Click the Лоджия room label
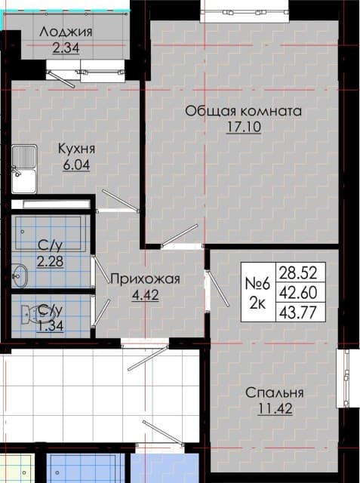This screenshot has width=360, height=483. click(x=66, y=32)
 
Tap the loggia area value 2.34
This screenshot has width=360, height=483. click(x=66, y=48)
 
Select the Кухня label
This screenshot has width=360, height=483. click(x=77, y=149)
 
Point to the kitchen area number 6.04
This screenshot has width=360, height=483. click(x=76, y=165)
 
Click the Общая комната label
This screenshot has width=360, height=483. click(x=243, y=111)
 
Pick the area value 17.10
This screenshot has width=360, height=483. click(x=244, y=127)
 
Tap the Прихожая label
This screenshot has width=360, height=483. click(x=145, y=279)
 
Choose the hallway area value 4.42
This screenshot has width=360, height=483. click(x=146, y=295)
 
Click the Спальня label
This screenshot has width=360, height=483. click(x=275, y=392)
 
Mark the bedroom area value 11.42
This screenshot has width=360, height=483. click(x=275, y=409)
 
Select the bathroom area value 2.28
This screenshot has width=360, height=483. click(x=51, y=262)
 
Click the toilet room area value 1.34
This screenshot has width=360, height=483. click(x=51, y=326)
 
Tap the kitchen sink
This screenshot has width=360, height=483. click(x=24, y=169)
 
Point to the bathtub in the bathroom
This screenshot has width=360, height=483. click(x=48, y=233)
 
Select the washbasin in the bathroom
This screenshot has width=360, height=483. click(x=20, y=275)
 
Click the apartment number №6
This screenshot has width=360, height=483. click(x=257, y=284)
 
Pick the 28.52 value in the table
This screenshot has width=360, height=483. click(x=298, y=273)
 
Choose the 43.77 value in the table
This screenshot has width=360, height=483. click(x=298, y=313)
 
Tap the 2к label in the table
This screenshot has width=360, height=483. click(x=257, y=303)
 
